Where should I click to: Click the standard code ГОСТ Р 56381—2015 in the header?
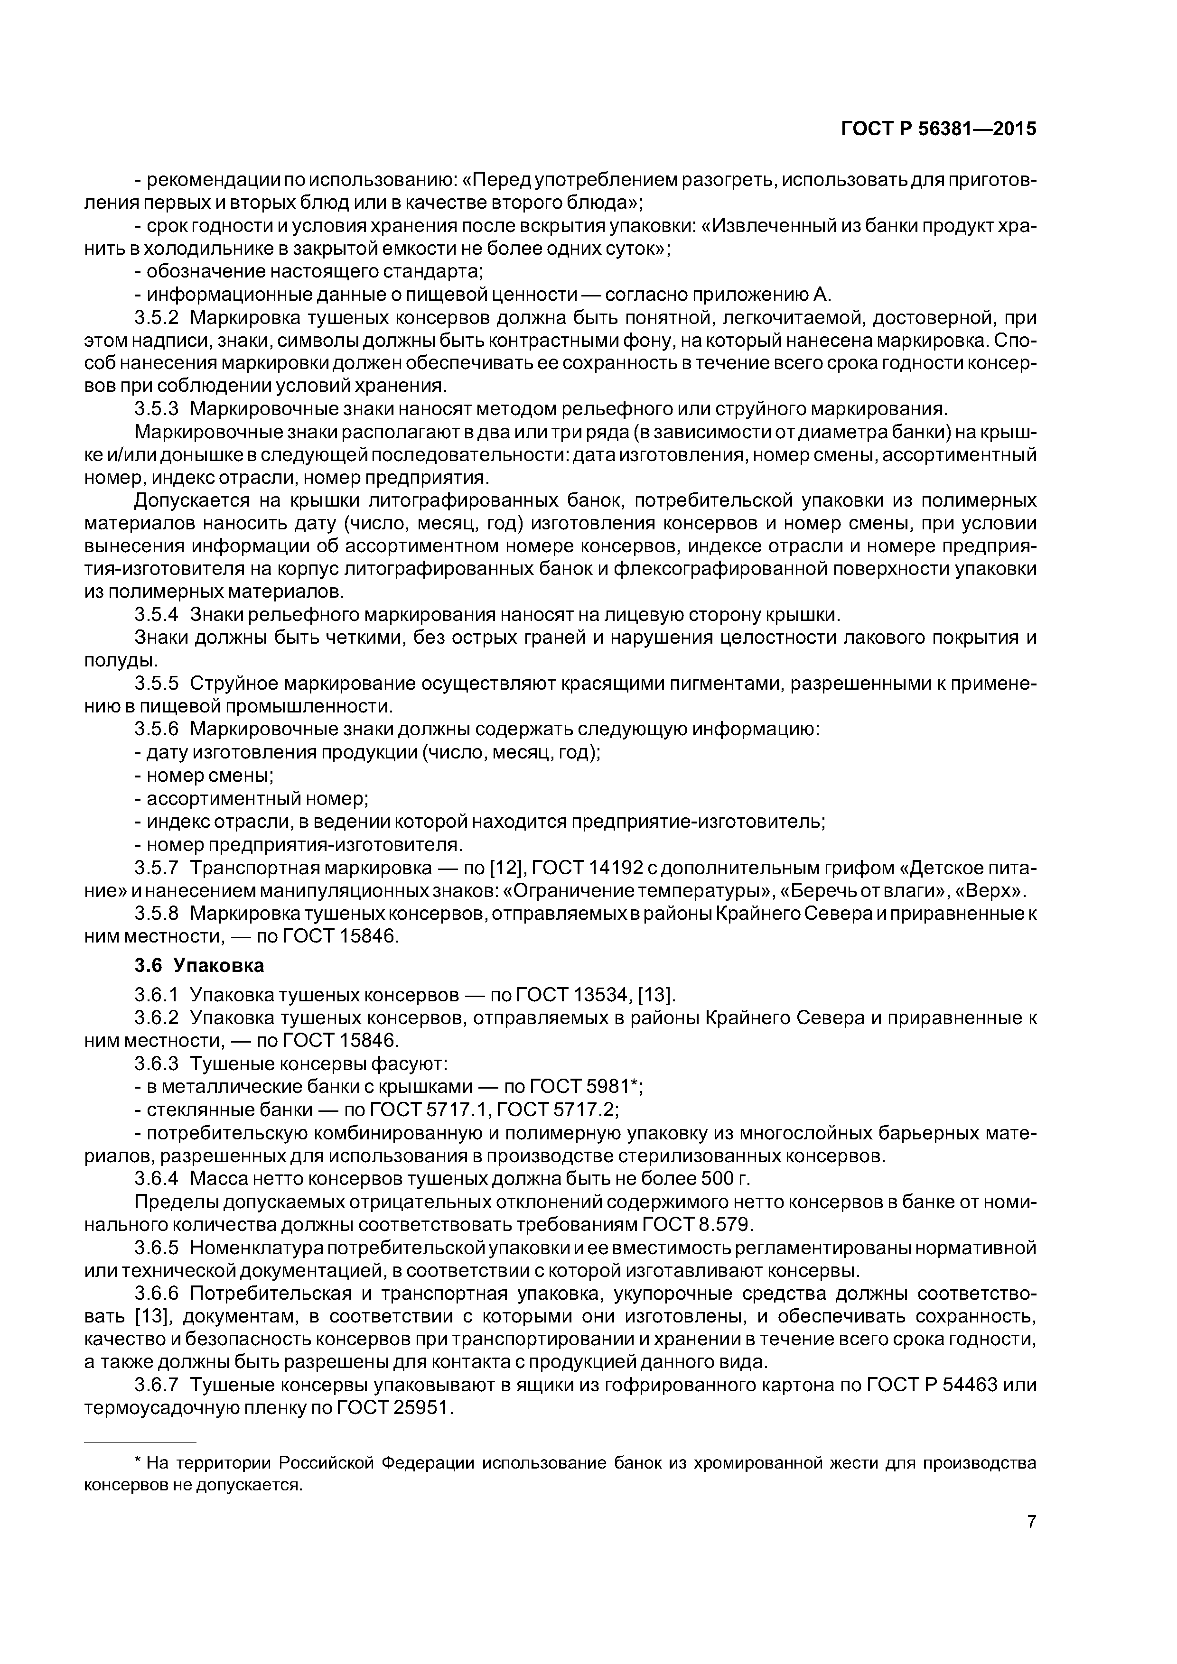point(938,129)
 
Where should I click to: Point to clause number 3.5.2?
point(157,317)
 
